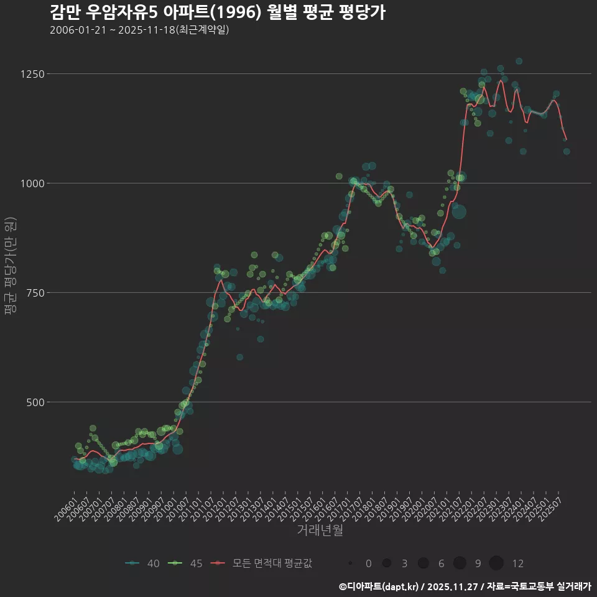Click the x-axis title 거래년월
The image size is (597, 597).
click(x=320, y=530)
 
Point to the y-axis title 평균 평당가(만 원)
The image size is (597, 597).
click(x=10, y=266)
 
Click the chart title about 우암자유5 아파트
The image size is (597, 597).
click(x=217, y=12)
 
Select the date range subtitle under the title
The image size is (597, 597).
click(x=139, y=30)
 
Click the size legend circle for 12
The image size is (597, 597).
click(x=496, y=563)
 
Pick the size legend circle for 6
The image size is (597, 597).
click(x=423, y=563)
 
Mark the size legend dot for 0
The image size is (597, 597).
click(x=350, y=563)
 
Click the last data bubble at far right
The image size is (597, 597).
click(x=567, y=151)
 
